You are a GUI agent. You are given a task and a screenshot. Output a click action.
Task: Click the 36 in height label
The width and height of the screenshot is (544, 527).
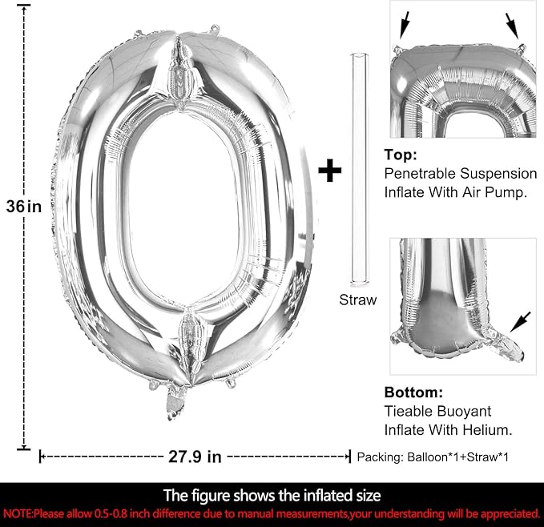[x=23, y=207]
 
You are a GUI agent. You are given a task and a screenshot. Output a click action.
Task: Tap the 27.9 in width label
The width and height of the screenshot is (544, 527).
[x=195, y=457]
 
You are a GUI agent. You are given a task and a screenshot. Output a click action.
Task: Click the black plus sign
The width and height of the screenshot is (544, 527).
[x=329, y=171]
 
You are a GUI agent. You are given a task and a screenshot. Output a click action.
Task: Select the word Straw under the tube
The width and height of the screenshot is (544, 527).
[x=357, y=300]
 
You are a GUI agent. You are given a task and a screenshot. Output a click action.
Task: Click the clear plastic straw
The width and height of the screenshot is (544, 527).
[x=360, y=170]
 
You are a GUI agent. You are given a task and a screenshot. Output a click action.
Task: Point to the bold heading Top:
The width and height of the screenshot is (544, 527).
[x=401, y=155]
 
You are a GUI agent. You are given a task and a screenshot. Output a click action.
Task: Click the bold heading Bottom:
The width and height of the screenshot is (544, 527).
[x=413, y=392]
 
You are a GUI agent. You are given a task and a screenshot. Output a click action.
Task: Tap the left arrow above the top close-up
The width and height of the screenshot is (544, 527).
[x=405, y=25]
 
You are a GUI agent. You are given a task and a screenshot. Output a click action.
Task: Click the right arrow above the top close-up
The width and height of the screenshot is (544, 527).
[x=512, y=26]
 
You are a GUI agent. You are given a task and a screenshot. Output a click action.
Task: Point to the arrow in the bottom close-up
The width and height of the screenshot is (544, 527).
[x=520, y=322]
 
